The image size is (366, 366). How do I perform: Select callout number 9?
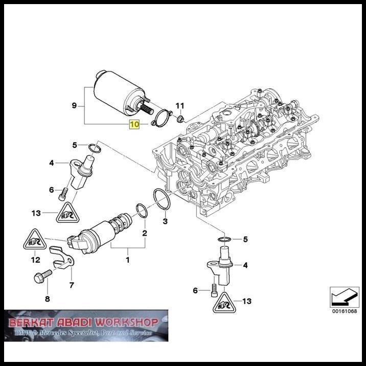(74, 106)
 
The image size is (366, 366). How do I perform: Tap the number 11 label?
(179, 106)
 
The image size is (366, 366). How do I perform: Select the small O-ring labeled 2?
(141, 211)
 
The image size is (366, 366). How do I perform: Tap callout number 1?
(127, 260)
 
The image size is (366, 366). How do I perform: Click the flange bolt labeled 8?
(43, 278)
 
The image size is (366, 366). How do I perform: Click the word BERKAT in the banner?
(30, 323)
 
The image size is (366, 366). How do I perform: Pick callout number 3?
(165, 221)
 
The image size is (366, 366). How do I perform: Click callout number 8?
(48, 299)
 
